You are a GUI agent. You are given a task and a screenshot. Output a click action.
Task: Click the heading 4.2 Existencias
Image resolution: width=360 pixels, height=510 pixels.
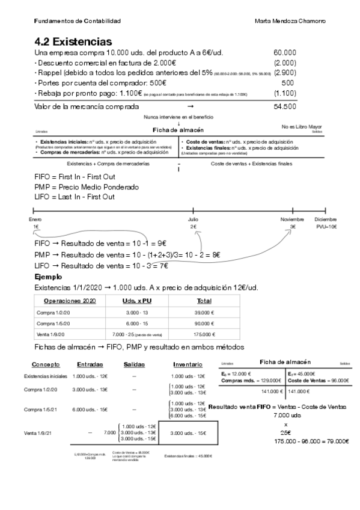pyautogui.click(x=73, y=42)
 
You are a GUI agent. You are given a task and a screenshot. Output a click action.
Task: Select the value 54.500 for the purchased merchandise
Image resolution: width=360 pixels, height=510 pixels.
pyautogui.click(x=284, y=106)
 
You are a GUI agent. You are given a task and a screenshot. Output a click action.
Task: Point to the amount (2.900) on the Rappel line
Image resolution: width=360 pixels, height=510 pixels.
pyautogui.click(x=284, y=73)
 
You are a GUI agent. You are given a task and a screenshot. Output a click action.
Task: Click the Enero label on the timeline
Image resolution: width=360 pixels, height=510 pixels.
pyautogui.click(x=35, y=220)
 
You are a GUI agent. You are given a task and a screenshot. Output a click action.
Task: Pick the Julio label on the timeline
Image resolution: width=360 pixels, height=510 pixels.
pyautogui.click(x=193, y=220)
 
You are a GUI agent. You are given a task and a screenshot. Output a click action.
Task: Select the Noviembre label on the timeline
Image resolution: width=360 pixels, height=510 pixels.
pyautogui.click(x=293, y=220)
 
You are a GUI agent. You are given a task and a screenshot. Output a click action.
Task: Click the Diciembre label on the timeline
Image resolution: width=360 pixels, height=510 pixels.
pyautogui.click(x=325, y=220)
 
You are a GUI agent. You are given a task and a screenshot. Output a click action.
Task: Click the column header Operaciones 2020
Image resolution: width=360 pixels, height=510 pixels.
pyautogui.click(x=70, y=301)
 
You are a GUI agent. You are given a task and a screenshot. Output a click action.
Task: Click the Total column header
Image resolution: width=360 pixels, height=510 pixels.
pyautogui.click(x=204, y=301)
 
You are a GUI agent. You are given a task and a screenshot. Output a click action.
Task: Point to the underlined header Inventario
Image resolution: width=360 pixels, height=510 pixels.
pyautogui.click(x=188, y=364)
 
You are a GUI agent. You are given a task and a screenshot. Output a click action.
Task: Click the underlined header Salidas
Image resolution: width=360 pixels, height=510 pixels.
pyautogui.click(x=134, y=364)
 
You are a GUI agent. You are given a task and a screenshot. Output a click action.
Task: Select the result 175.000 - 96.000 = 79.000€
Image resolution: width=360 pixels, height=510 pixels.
pyautogui.click(x=311, y=441)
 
